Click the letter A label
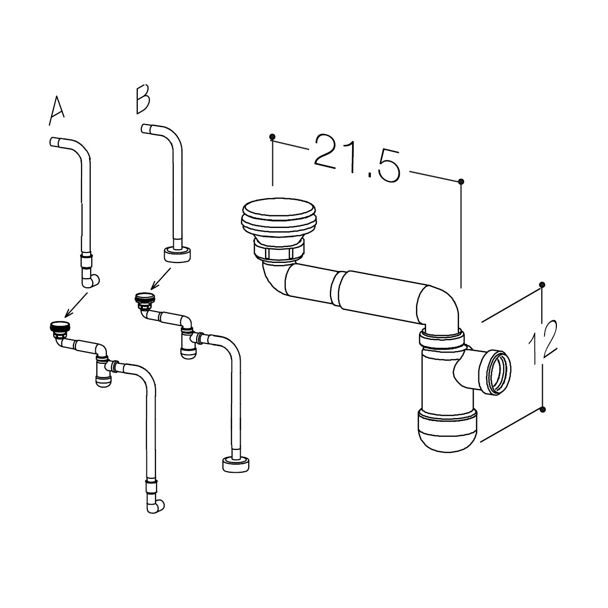(57, 111)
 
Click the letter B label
(142, 99)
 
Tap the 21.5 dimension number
(357, 158)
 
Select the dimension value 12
(543, 342)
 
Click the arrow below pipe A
(75, 305)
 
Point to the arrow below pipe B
(161, 279)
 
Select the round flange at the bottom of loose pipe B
(177, 254)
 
